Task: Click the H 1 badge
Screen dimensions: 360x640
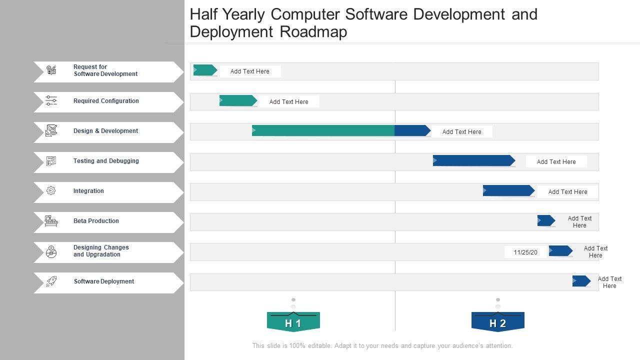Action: coord(293,322)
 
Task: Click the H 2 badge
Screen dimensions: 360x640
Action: coord(497,322)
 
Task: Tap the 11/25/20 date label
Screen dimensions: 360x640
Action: coord(525,252)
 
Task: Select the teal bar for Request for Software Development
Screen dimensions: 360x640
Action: coord(204,70)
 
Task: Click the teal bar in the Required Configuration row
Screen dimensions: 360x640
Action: coord(238,100)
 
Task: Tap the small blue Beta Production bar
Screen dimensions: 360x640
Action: coord(546,220)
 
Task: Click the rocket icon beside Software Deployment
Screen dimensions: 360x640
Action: coord(51,281)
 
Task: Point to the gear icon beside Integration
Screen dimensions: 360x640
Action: coord(51,190)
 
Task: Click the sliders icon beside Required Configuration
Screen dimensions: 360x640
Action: coord(51,100)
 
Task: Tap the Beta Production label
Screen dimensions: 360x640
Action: coord(96,221)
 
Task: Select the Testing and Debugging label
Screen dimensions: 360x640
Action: coord(106,161)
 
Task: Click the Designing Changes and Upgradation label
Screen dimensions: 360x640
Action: coord(101,251)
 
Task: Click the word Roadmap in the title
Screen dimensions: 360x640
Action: coord(313,32)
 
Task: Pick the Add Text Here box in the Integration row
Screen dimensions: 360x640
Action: coord(567,192)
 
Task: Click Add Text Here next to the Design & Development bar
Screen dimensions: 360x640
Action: coord(461,132)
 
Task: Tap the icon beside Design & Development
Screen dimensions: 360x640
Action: coord(51,130)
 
